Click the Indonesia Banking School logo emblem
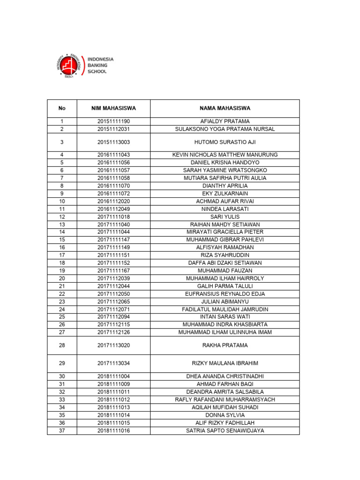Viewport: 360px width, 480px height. [70, 65]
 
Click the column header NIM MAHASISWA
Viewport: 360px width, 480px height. [113, 108]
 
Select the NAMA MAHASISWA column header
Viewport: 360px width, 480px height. [225, 108]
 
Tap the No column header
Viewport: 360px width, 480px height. [62, 108]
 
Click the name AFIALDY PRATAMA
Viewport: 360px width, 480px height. [225, 121]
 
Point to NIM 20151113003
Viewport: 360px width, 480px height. [113, 142]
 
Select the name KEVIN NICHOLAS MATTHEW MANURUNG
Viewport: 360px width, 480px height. [225, 155]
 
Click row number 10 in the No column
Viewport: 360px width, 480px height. [62, 201]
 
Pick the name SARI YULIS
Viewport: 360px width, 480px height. [225, 217]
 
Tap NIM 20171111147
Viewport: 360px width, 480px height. [113, 240]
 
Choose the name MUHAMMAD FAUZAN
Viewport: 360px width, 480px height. [225, 270]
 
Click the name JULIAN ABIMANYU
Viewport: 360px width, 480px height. [225, 301]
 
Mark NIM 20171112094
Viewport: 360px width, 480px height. [113, 317]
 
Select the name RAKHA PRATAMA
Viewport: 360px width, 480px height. [225, 345]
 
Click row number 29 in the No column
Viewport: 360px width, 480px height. [62, 363]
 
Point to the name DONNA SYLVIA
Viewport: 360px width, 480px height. [225, 415]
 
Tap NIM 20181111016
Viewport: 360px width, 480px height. [113, 430]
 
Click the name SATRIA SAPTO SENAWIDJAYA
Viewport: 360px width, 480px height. [225, 430]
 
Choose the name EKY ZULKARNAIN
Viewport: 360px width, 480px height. [225, 194]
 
